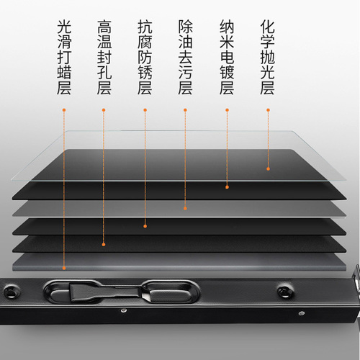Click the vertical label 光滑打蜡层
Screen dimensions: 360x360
pos(64,57)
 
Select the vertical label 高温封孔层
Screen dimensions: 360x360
pos(104,57)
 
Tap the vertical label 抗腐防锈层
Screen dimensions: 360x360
pos(145,57)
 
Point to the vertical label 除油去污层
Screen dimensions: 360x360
pos(185,57)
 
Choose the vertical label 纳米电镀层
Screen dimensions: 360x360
pos(227,57)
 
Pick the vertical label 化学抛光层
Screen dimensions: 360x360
pos(268,57)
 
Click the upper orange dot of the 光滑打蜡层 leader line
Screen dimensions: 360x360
pos(64,110)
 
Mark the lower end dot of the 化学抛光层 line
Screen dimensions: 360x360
pos(268,168)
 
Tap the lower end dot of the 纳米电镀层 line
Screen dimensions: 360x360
pos(227,187)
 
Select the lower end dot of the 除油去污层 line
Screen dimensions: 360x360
pos(185,208)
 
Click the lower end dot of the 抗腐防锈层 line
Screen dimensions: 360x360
pos(145,226)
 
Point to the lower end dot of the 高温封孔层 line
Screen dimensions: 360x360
pos(104,244)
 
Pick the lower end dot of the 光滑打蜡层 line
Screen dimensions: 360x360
pos(64,268)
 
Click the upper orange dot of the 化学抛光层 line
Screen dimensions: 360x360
pos(268,110)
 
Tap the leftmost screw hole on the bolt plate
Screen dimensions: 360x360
pos(11,292)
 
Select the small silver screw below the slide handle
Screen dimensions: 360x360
pos(124,311)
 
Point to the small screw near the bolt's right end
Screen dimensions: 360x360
pos(302,313)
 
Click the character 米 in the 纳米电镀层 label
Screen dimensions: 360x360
pos(227,42)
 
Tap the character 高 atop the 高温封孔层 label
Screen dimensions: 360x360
pos(104,27)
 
